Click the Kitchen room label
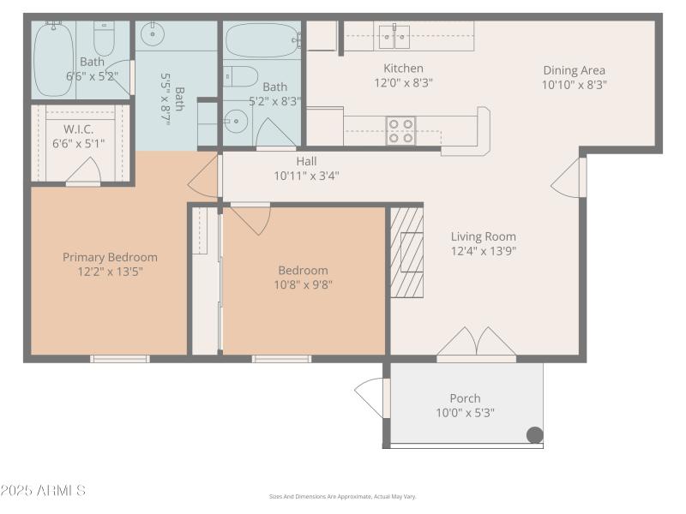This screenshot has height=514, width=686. pos(403,69)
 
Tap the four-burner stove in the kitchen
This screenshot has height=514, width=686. pos(400,130)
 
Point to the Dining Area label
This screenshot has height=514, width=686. pos(574,70)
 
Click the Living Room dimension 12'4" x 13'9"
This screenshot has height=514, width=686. pos(484,251)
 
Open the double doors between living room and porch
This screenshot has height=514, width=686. pos(477,343)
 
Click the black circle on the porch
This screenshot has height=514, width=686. pos(534,435)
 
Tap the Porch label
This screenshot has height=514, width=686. pos(465,398)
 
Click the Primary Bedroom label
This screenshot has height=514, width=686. pos(110,257)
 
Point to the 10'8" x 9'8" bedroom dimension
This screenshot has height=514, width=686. pos(303,284)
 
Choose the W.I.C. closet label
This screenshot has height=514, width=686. pos(78,129)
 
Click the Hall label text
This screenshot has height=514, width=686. pos(306,161)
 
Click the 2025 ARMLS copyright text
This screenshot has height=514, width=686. pos(43,491)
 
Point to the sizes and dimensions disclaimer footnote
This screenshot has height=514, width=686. pos(342,497)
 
